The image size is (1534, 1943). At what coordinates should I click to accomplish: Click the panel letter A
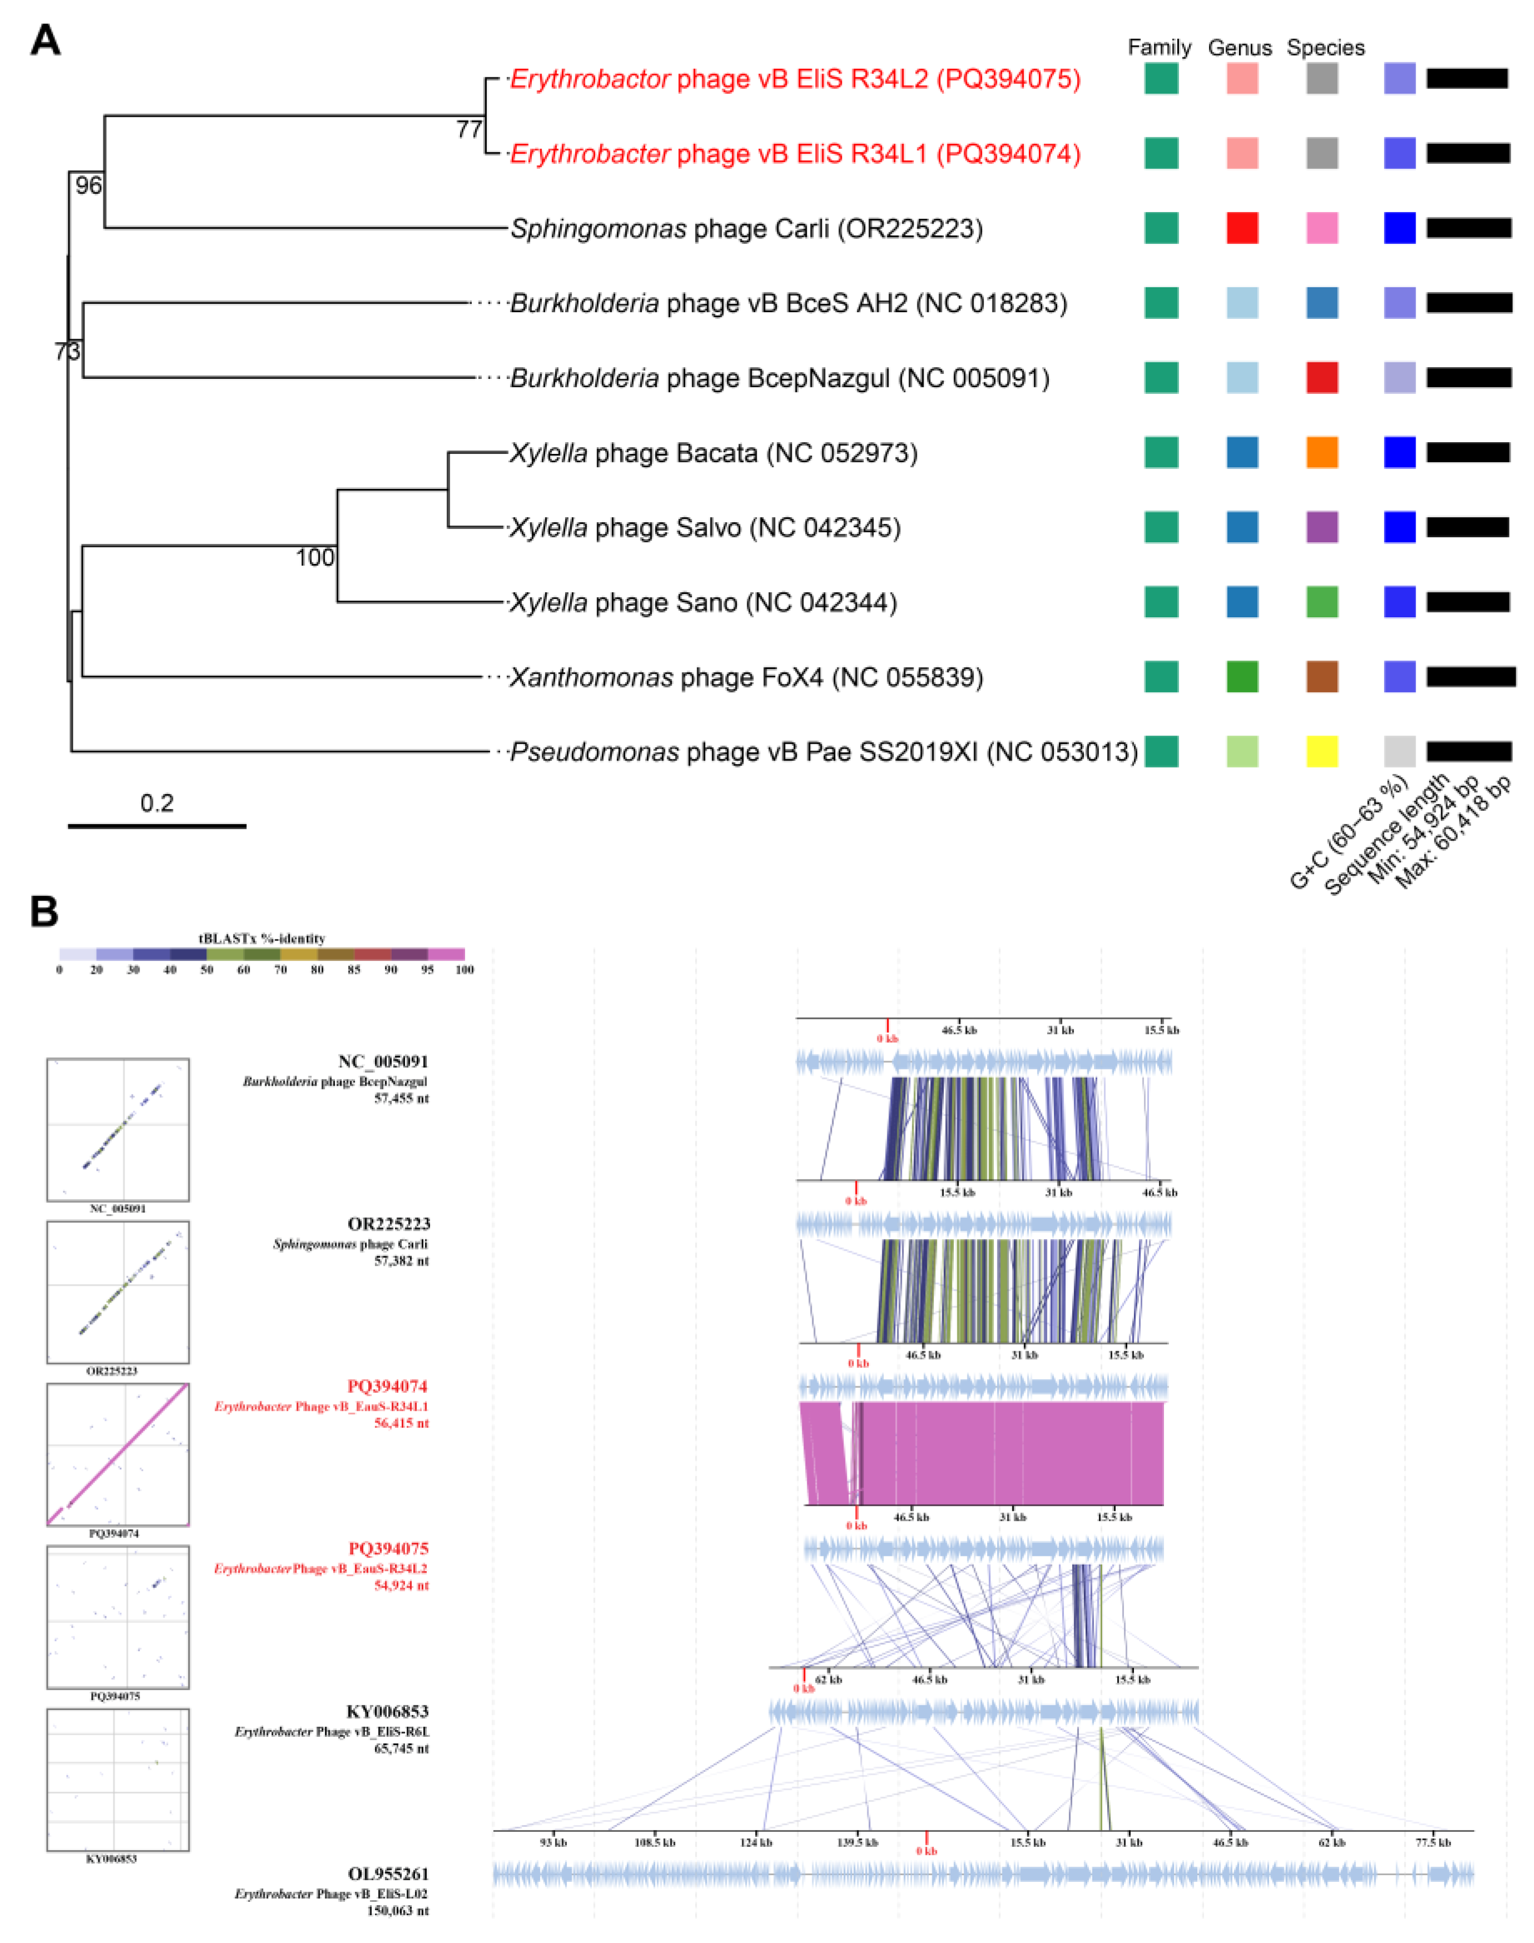point(45,41)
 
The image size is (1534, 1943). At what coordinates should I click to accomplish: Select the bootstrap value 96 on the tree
point(88,186)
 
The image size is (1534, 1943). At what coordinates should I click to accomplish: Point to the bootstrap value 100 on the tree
point(314,558)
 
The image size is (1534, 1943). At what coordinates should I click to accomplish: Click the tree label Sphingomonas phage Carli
point(746,229)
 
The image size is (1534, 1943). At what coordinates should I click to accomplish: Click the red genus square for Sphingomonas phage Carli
point(1242,228)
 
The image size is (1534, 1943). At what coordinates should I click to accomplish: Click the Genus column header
point(1240,48)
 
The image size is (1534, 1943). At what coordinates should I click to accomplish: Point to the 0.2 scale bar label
point(157,802)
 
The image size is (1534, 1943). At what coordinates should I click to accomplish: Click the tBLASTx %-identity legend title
point(261,938)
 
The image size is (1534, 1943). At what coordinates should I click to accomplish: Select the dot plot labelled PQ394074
point(118,1454)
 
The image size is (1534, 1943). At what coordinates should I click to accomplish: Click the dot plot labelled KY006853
point(118,1779)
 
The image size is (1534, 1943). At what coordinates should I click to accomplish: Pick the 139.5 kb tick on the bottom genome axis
point(857,1841)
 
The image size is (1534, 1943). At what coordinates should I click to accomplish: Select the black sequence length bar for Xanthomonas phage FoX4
point(1470,676)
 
